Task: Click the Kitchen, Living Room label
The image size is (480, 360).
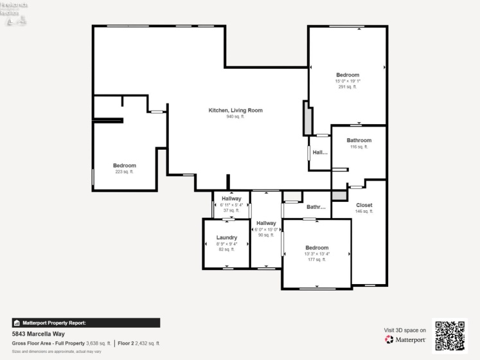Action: point(235,111)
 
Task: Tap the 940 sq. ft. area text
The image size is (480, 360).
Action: point(235,117)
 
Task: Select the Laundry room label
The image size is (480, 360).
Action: point(226,237)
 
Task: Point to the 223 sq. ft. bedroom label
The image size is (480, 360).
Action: point(124,172)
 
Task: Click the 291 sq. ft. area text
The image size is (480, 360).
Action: point(347,87)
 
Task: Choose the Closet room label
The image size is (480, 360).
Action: point(364,205)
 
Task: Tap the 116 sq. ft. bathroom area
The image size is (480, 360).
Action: point(359,147)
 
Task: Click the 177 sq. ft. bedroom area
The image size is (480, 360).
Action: point(316,260)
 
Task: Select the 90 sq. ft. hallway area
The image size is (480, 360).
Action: point(266,235)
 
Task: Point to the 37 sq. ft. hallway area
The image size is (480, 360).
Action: point(231,210)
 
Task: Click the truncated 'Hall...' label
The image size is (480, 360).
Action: point(320,153)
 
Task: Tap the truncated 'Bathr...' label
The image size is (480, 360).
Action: point(316,208)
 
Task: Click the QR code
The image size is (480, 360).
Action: point(450,335)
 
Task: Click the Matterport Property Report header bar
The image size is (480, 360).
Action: point(86,323)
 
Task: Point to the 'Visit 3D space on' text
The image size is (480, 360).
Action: point(405,330)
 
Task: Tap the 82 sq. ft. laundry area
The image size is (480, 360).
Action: point(226,249)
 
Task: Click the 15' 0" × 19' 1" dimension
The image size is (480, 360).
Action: point(347,81)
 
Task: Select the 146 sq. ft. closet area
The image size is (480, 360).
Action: point(364,211)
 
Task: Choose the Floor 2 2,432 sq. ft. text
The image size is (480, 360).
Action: point(139,343)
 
